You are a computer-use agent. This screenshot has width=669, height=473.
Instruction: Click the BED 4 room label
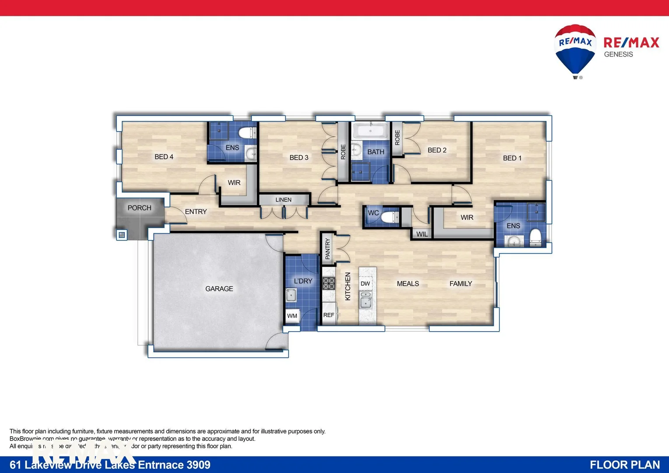coord(164,157)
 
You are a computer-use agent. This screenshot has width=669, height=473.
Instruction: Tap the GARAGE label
coord(219,289)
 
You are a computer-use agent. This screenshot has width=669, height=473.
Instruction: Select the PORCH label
coord(139,208)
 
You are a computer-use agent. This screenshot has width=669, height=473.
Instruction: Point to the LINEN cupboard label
coord(283,200)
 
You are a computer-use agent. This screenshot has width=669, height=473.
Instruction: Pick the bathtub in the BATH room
coord(370,131)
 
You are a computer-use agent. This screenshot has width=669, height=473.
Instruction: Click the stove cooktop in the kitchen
coord(329,283)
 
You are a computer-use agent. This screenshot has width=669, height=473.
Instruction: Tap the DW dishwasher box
coord(365,284)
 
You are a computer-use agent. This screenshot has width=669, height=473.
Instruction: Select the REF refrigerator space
coord(328,315)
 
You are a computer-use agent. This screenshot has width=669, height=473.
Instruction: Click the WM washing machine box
coord(292,316)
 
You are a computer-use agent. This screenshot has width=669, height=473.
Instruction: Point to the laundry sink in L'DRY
coord(291,295)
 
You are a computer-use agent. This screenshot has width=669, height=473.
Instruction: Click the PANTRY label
coord(327,248)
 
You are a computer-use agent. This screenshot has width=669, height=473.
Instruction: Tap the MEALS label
coord(408,284)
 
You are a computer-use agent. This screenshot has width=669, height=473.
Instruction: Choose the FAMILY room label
coord(461,284)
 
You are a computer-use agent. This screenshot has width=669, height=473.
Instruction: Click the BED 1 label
coord(512,158)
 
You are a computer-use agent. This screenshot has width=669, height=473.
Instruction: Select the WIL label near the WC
coord(422,234)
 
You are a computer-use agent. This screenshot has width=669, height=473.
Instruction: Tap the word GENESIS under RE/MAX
coord(618,54)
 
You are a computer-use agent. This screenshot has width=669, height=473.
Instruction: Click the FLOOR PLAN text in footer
coord(624,465)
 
